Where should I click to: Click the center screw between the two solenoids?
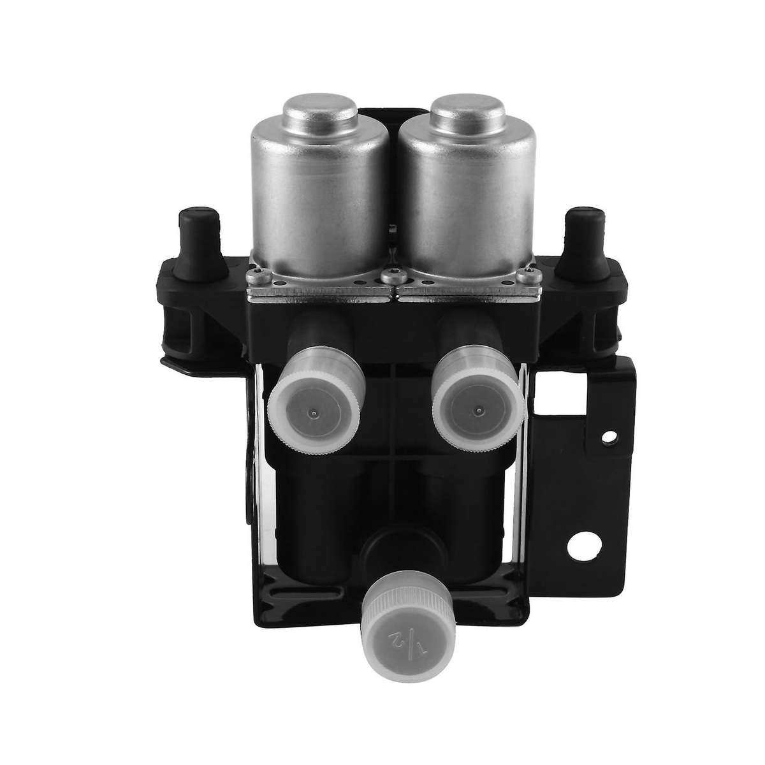point(388,276)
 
